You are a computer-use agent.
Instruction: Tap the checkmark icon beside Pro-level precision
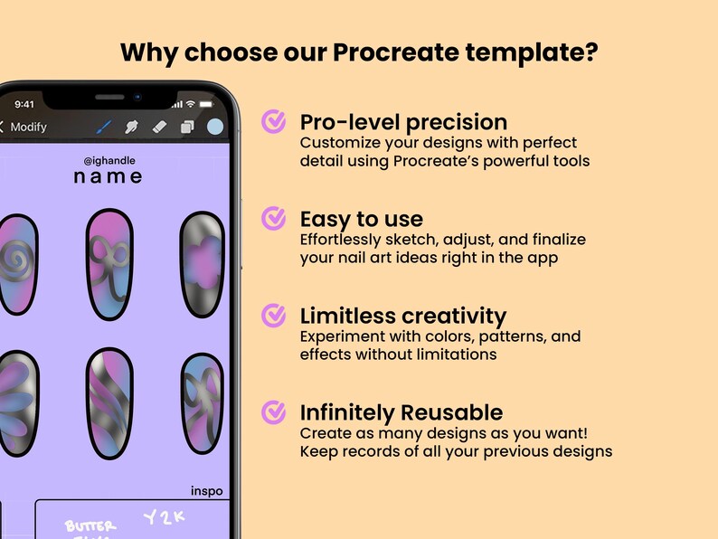[273, 121]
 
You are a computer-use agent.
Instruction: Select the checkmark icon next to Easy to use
[273, 218]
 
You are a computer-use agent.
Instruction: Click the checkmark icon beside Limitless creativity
[273, 315]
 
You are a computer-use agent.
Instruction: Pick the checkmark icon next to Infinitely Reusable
[273, 412]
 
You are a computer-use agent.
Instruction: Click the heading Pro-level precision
[403, 122]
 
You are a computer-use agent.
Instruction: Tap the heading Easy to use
[361, 219]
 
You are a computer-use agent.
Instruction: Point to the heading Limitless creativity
[402, 316]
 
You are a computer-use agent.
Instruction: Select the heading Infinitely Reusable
[401, 413]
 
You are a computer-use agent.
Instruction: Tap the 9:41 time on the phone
[24, 104]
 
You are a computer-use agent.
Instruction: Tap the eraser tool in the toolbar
[159, 128]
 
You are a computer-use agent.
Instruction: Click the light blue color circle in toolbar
[215, 128]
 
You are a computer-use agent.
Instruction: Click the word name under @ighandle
[108, 176]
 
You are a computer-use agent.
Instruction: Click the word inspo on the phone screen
[206, 491]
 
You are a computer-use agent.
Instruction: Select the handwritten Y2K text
[164, 518]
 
